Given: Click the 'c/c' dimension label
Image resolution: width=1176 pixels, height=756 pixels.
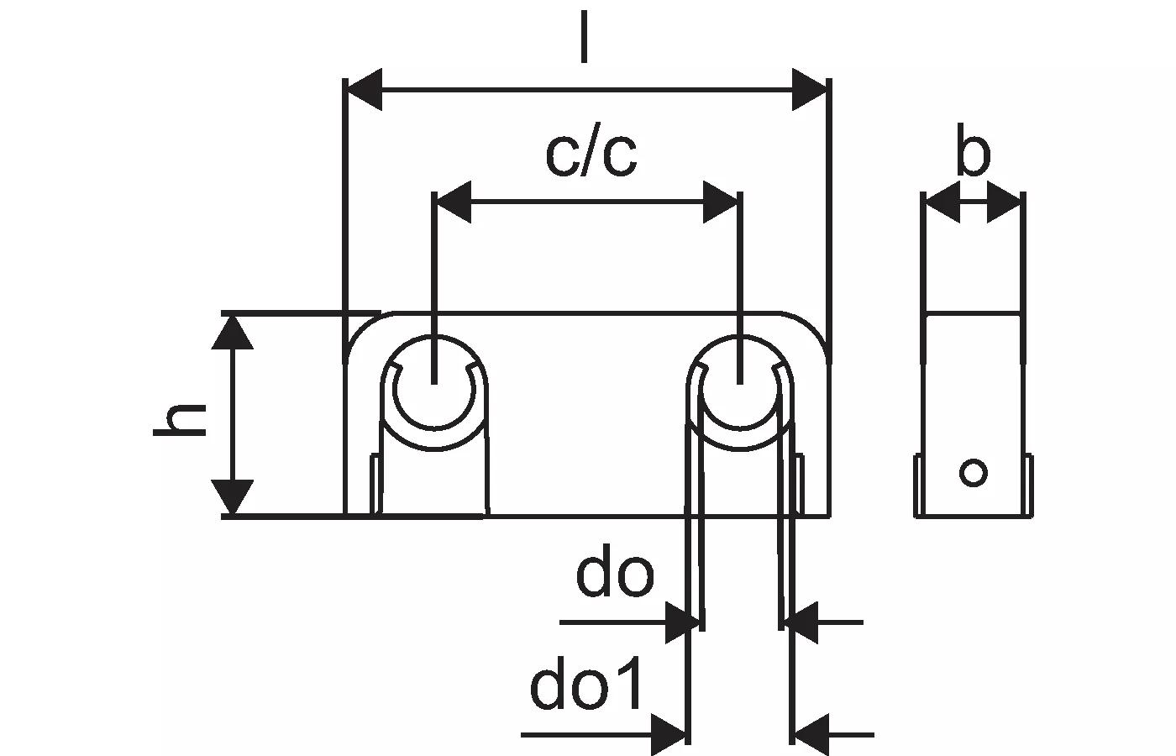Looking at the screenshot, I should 591,155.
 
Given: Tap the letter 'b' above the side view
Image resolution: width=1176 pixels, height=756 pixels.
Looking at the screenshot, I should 973,153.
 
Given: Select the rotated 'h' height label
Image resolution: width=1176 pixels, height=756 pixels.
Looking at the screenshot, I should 181,419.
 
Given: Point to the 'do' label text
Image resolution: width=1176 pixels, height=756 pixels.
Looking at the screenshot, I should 615,575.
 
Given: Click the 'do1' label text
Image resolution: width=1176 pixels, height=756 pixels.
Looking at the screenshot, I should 588,685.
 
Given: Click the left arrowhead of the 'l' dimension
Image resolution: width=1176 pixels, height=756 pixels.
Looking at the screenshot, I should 365,90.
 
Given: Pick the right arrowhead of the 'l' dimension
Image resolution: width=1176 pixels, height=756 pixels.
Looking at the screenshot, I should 810,90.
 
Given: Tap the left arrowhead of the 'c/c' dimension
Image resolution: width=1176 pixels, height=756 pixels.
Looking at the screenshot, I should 453,202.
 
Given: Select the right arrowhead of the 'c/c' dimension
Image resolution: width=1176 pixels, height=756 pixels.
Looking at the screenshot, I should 721,202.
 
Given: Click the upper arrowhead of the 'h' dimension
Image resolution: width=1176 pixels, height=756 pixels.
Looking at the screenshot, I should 232,331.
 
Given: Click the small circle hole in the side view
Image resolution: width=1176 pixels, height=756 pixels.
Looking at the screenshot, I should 974,473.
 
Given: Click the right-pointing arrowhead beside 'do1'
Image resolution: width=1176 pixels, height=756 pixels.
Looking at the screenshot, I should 669,734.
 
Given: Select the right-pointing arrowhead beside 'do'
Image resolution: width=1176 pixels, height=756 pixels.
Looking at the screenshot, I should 682,622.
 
